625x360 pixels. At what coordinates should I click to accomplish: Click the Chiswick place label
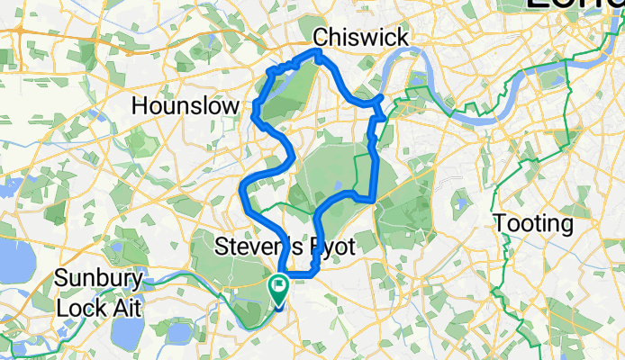(360, 37)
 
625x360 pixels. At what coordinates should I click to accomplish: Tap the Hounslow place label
(186, 106)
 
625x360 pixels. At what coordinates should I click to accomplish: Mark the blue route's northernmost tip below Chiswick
(317, 53)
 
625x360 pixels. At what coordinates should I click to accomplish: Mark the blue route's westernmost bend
(241, 187)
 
